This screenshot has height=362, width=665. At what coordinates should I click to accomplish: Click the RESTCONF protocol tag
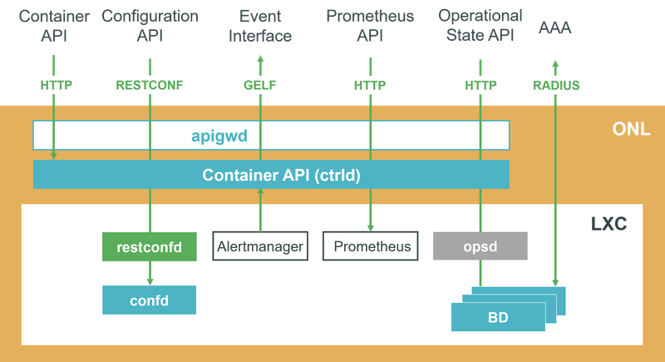tap(150, 84)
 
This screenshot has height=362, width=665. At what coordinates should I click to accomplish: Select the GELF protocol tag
tap(260, 84)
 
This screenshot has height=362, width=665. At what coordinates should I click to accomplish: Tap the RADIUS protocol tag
tap(554, 84)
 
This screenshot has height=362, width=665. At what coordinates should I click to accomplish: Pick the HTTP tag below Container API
tap(54, 84)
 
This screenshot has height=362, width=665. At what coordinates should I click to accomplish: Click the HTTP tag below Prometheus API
tap(370, 84)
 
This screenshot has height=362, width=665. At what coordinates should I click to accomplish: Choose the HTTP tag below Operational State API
tap(480, 84)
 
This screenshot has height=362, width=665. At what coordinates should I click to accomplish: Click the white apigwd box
tap(271, 135)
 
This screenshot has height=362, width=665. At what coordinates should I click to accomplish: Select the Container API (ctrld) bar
tap(271, 175)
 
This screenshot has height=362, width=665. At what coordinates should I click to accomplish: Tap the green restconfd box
tap(149, 246)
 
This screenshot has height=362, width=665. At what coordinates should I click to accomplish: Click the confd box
tap(149, 300)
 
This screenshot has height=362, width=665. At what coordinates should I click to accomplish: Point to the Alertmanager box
tap(260, 246)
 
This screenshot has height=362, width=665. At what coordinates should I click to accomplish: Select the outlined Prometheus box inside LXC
tap(371, 246)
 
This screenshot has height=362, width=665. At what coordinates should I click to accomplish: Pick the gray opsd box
tap(480, 246)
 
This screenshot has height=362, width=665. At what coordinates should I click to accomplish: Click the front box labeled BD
tap(494, 318)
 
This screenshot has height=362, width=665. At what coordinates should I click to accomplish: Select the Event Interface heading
tap(260, 26)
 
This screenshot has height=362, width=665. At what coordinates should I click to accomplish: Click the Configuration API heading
tap(150, 26)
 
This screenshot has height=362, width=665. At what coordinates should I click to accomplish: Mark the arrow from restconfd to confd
tap(150, 273)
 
